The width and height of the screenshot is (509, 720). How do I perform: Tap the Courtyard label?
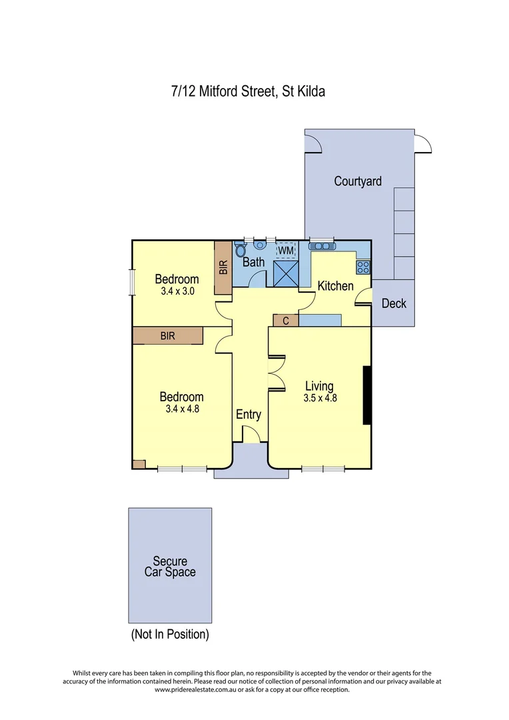pos(358,181)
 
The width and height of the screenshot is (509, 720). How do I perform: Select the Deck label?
pos(394,303)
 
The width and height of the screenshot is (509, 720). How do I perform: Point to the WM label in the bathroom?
pos(285,250)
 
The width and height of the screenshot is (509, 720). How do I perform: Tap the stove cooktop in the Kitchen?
pos(364,267)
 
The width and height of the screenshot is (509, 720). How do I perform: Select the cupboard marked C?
pos(286,321)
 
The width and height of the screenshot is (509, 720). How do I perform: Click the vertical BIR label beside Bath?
pos(223,267)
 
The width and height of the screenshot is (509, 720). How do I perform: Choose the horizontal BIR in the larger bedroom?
pos(167,336)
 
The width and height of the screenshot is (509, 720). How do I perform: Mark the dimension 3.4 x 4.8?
pos(182,409)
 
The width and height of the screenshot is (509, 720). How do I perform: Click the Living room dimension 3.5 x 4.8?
pos(319,398)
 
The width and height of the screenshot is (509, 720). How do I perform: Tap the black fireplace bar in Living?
pos(366,395)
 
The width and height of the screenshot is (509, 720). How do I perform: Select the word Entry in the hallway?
pos(249,415)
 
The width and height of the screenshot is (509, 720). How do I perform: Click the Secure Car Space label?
pos(170,567)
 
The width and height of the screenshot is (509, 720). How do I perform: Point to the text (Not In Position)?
pos(170,634)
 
